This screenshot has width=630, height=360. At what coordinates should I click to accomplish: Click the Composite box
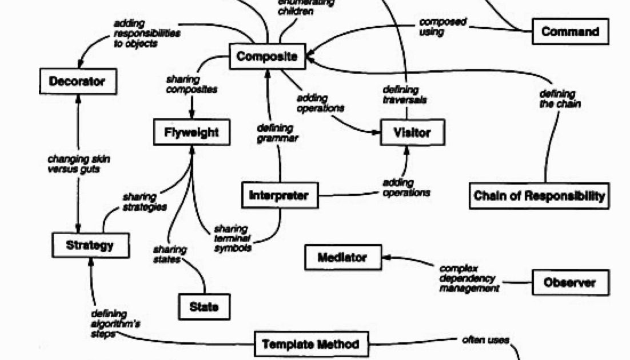(x=267, y=57)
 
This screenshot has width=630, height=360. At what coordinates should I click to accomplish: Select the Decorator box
(x=77, y=82)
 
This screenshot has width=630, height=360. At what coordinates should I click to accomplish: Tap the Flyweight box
(x=192, y=133)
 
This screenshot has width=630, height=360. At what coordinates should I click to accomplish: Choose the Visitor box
(x=412, y=133)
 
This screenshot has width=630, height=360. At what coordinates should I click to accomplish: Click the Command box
(x=570, y=31)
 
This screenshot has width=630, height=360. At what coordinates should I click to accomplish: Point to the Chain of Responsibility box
(x=539, y=196)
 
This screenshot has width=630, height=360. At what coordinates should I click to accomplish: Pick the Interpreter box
(x=279, y=196)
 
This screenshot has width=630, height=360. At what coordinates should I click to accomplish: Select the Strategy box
(x=90, y=246)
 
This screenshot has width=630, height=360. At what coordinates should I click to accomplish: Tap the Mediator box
(x=342, y=258)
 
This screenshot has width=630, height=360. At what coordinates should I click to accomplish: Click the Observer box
(x=570, y=282)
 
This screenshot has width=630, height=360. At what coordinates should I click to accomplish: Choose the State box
(x=204, y=307)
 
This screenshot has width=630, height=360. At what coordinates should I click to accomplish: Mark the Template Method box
(x=310, y=345)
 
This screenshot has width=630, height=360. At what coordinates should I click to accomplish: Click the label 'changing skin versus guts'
(x=78, y=165)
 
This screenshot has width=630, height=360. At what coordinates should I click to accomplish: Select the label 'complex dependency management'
(x=468, y=278)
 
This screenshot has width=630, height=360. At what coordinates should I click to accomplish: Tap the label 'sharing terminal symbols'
(x=233, y=238)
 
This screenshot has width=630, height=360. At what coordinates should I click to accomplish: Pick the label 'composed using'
(x=442, y=27)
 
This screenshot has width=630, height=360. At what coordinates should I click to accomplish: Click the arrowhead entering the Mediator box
(x=385, y=258)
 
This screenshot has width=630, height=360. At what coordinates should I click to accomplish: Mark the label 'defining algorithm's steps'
(x=114, y=323)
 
